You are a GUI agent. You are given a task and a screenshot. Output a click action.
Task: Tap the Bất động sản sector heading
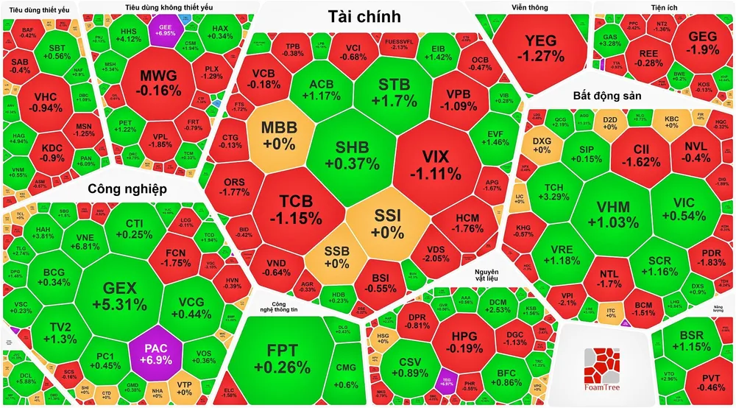608,96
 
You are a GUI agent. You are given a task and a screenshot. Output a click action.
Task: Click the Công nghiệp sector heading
127,189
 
